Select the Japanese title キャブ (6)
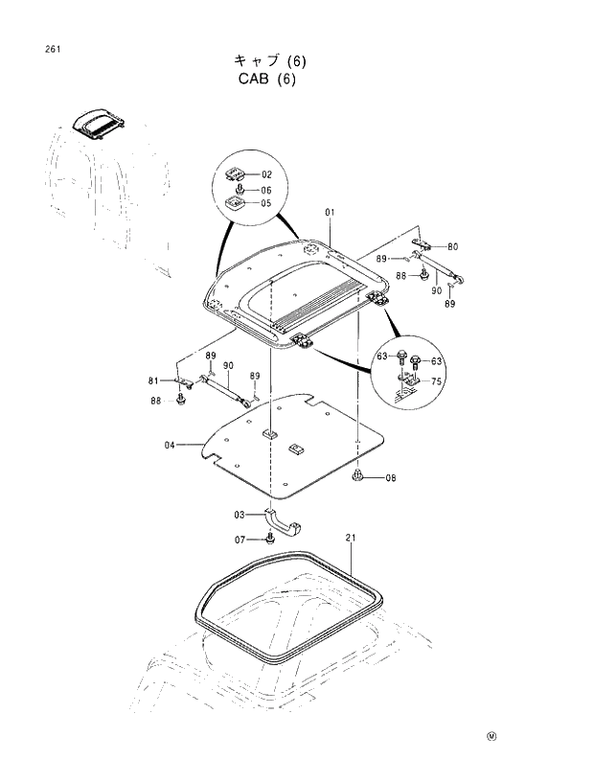point(267,60)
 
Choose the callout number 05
point(265,203)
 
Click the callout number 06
point(265,190)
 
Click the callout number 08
point(390,477)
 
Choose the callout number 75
point(436,380)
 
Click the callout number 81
point(154,381)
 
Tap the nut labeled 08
point(357,475)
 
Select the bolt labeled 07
point(269,541)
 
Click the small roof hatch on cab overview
point(101,122)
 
